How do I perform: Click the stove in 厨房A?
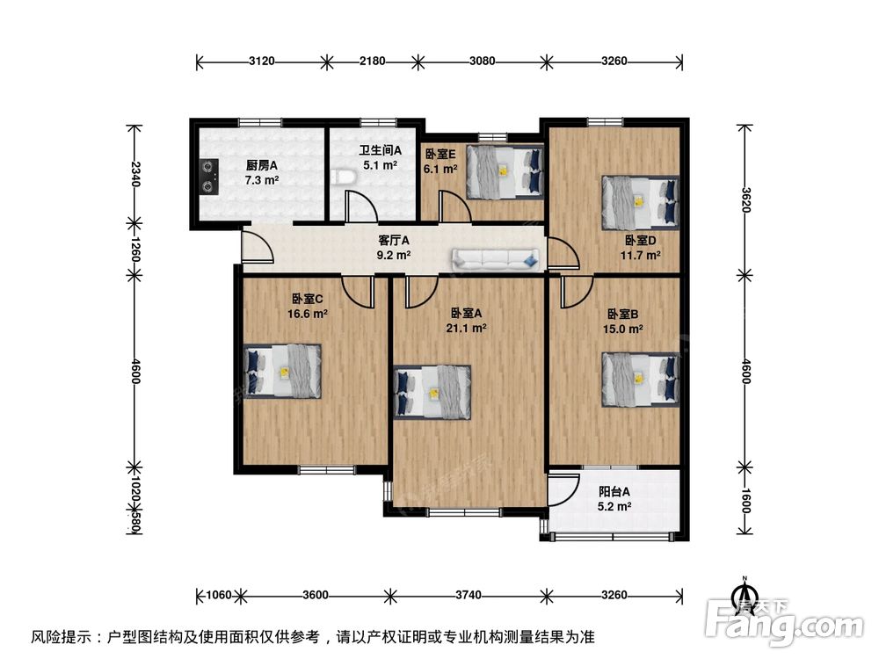tap(208, 174)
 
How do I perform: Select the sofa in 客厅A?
tap(496, 258)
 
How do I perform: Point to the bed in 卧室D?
tap(640, 201)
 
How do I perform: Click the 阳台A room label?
tap(613, 492)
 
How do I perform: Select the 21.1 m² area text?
tap(469, 328)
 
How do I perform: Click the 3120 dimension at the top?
tap(262, 62)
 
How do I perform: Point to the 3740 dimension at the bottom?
tap(468, 595)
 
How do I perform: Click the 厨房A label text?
tap(261, 164)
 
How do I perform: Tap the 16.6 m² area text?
tap(308, 313)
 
